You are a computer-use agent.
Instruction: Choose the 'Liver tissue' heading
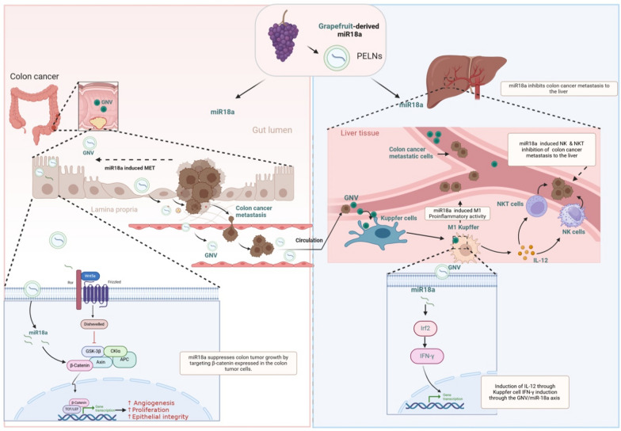(x=359, y=133)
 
